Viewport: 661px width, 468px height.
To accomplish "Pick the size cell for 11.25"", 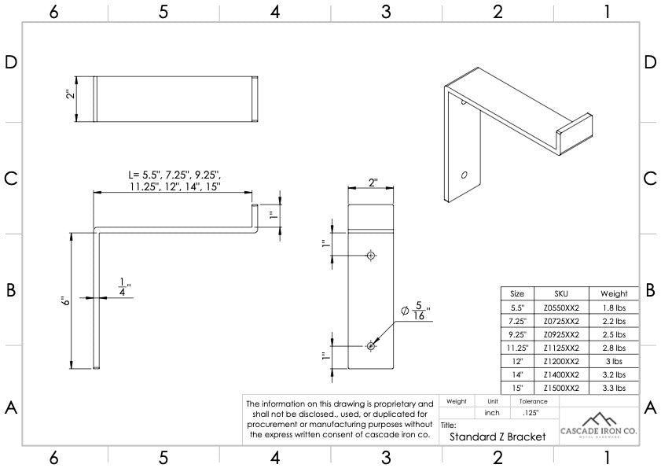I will tap(517, 348).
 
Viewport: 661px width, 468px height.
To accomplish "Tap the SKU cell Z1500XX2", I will tap(560, 388).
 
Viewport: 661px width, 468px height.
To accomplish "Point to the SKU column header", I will tap(560, 293).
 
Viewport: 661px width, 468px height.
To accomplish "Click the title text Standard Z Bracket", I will tap(498, 437).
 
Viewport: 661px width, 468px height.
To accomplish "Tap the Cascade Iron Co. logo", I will tap(599, 426).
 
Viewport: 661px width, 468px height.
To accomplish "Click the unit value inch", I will tap(492, 412).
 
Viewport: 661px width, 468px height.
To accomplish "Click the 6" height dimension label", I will tap(68, 300).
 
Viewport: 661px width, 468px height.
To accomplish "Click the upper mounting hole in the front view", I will tap(370, 255).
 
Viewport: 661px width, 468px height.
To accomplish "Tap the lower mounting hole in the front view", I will tap(370, 345).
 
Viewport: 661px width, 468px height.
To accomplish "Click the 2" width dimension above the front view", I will tap(373, 182).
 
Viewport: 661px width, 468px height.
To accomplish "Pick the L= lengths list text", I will tap(174, 180).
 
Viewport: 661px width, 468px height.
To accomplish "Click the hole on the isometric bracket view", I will tap(464, 175).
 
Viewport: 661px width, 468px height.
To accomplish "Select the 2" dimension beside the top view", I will tap(70, 94).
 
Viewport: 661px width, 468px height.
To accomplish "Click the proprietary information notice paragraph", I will tap(340, 418).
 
